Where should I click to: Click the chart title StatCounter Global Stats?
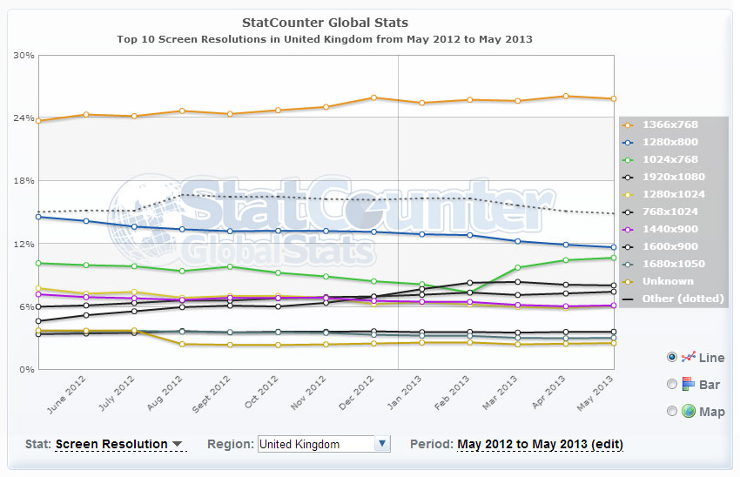pos(325,23)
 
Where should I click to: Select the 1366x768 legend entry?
pos(669,124)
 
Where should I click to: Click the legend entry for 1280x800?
pos(669,142)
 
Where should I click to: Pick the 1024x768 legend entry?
pos(669,159)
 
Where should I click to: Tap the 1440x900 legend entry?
pos(669,229)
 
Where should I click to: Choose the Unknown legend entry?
pos(668,281)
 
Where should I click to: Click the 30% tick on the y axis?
pos(24,55)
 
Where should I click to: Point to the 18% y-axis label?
pos(24,181)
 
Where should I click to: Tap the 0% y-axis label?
pos(27,369)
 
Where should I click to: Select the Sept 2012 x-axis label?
pos(211,393)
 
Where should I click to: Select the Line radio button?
pos(672,357)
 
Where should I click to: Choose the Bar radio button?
pos(672,384)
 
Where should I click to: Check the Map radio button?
pos(672,411)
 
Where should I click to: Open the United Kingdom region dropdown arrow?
pos(383,444)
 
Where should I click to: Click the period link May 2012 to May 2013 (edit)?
pos(540,445)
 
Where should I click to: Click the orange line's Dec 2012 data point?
pos(373,97)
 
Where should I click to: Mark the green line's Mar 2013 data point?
pos(518,267)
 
